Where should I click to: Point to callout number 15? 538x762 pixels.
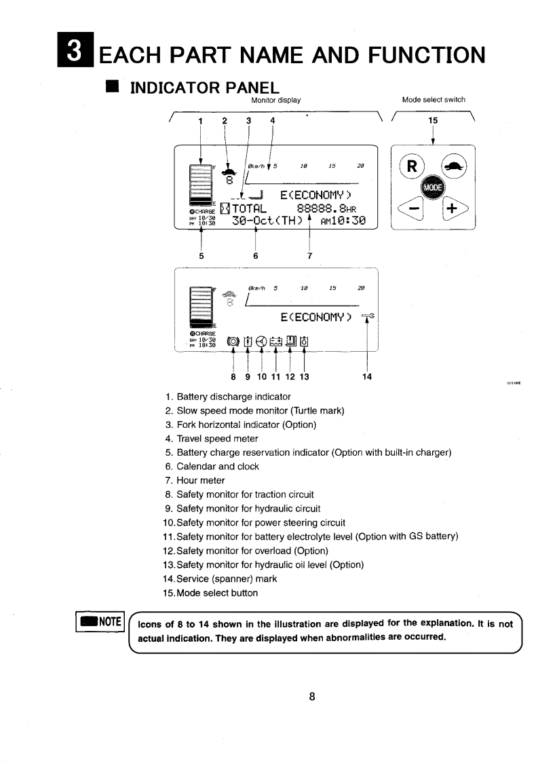point(434,120)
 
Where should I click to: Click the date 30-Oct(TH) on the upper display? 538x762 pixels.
point(267,221)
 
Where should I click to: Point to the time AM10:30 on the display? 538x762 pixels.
point(342,221)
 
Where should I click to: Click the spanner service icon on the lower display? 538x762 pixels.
point(368,316)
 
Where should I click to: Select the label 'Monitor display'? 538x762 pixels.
point(275,100)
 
